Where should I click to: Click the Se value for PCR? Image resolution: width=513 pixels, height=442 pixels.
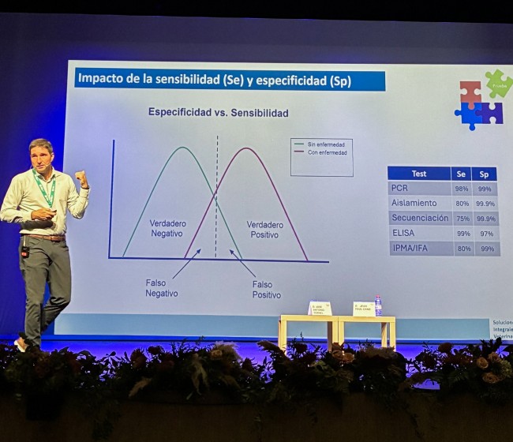462,189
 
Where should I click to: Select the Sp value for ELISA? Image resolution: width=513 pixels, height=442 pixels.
486,234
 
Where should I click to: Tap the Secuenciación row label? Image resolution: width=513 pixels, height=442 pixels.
420,219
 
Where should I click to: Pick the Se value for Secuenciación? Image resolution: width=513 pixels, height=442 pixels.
462,219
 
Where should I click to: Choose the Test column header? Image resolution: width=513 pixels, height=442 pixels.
419,174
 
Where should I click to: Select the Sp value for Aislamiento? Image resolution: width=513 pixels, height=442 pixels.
486,204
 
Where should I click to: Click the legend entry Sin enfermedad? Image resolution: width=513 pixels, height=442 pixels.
321,144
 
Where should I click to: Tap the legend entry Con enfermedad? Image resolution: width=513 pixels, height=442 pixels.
321,152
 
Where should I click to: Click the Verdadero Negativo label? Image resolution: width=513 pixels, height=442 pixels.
167,228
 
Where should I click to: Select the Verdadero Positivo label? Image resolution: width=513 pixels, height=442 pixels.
264,229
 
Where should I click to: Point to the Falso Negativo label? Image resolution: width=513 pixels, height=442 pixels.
161,287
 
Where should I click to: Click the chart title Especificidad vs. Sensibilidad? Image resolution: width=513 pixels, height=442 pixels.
218,113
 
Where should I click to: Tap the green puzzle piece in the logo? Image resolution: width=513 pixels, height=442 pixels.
498,83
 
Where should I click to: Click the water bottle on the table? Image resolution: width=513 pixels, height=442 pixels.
378,305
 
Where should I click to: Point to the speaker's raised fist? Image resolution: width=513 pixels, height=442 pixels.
81,178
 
